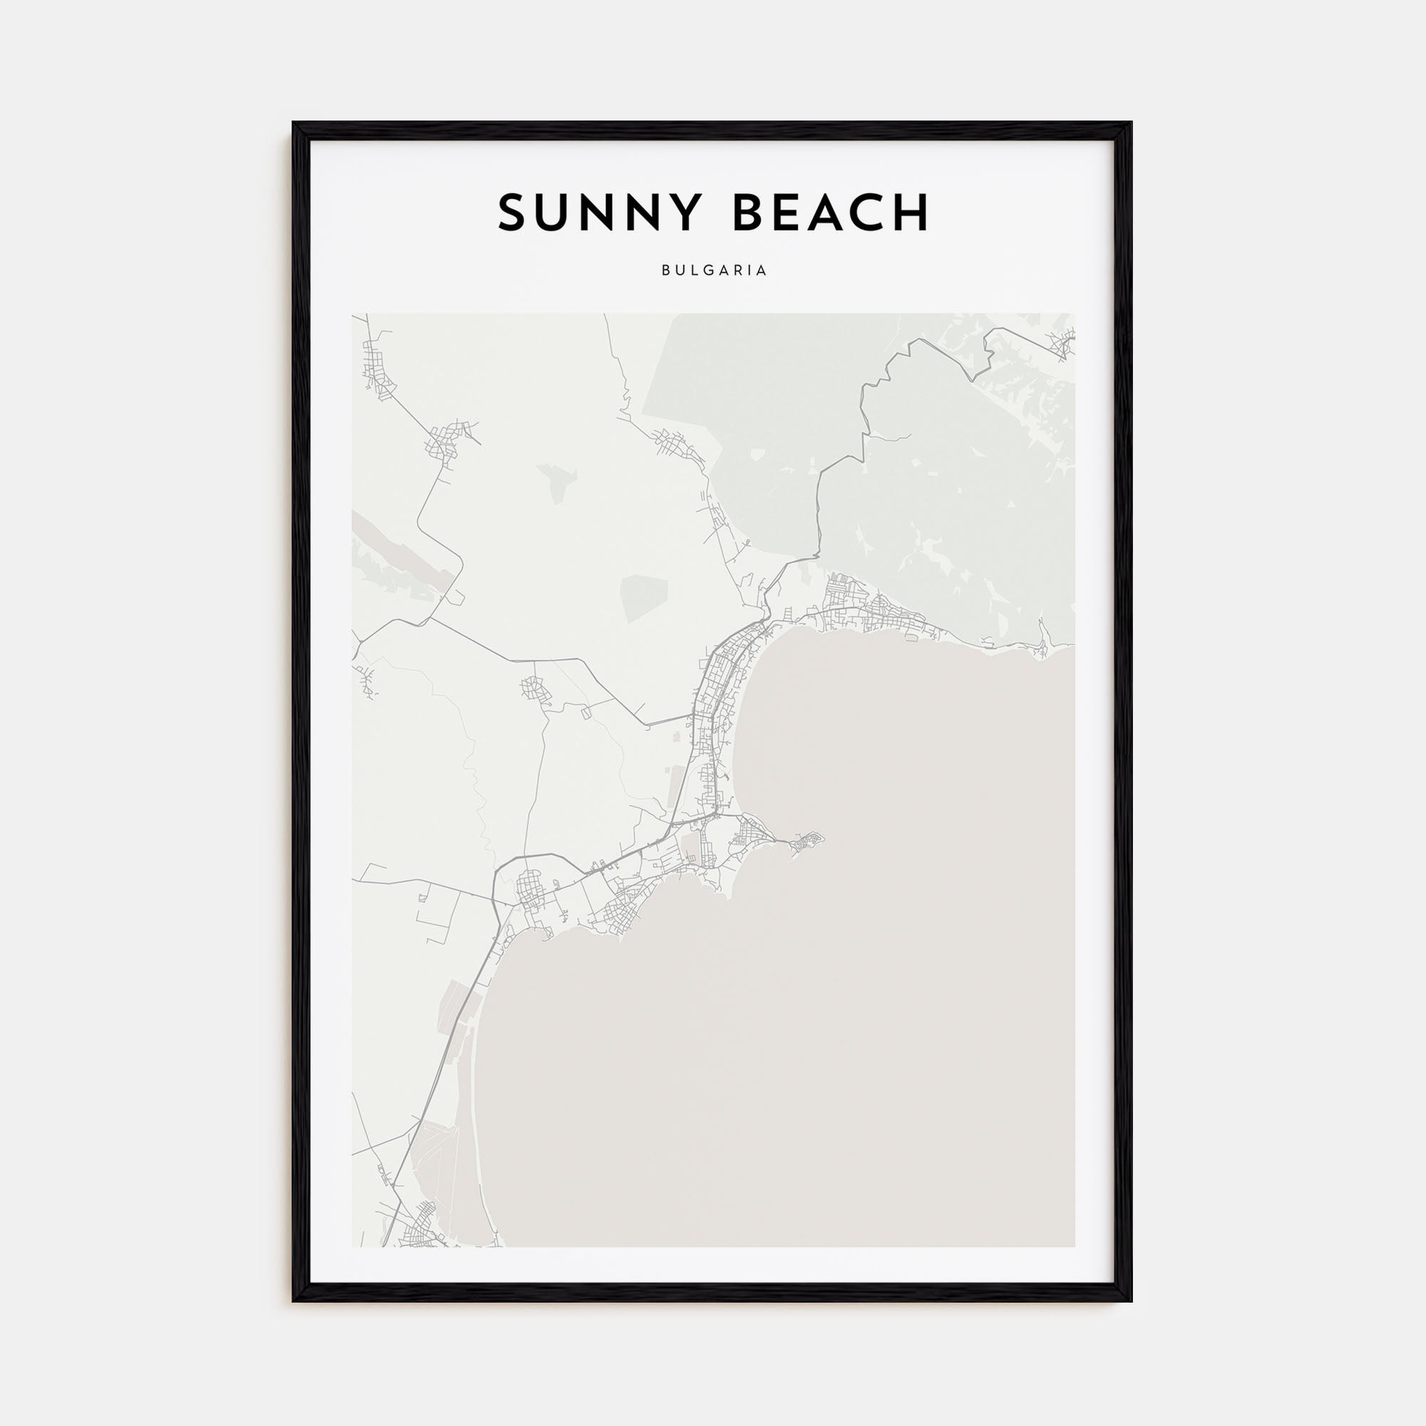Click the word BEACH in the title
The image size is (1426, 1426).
coord(831,212)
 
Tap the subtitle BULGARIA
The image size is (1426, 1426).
coord(714,271)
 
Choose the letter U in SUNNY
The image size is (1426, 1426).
coord(553,212)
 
